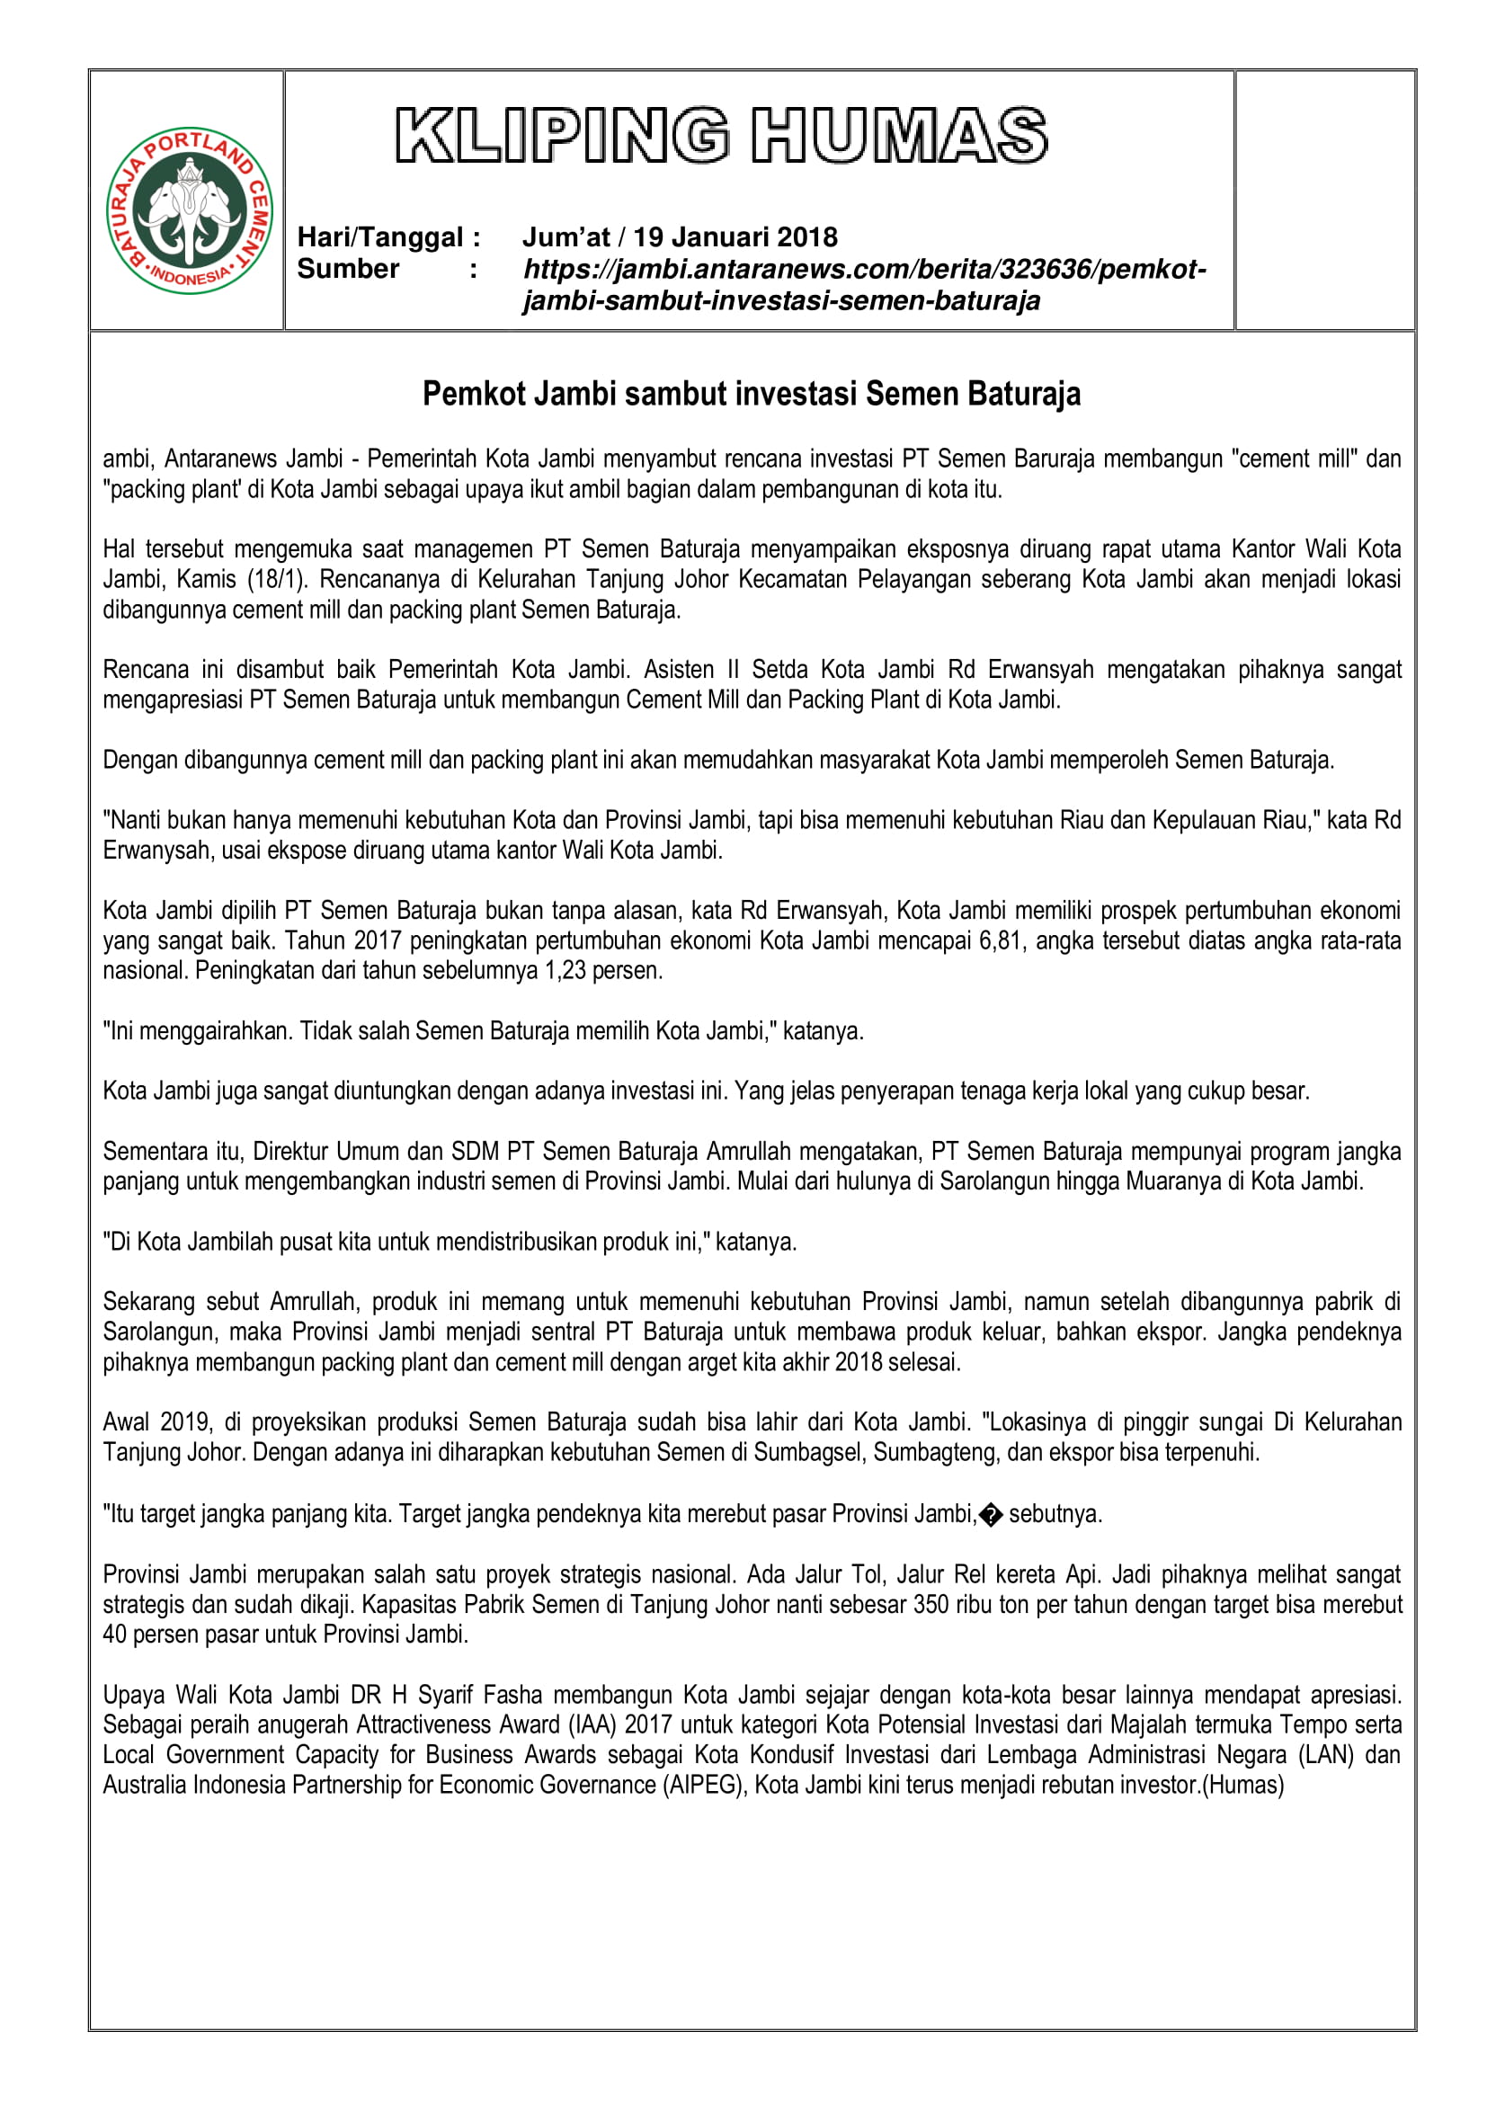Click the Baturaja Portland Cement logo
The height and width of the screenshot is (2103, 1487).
coord(190,209)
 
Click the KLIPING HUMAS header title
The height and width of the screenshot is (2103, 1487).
coord(721,136)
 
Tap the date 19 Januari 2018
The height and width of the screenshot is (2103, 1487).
coord(735,237)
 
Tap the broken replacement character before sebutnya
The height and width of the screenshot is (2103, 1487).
coord(991,1514)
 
